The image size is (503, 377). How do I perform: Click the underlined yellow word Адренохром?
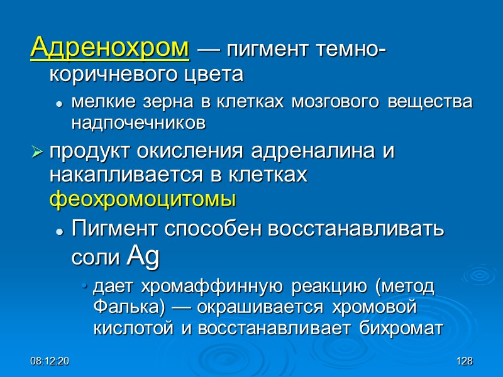[x=110, y=47]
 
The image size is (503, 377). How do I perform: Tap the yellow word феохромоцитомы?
[x=143, y=199]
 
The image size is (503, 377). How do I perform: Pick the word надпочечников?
[x=138, y=123]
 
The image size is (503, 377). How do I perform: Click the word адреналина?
[x=317, y=152]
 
